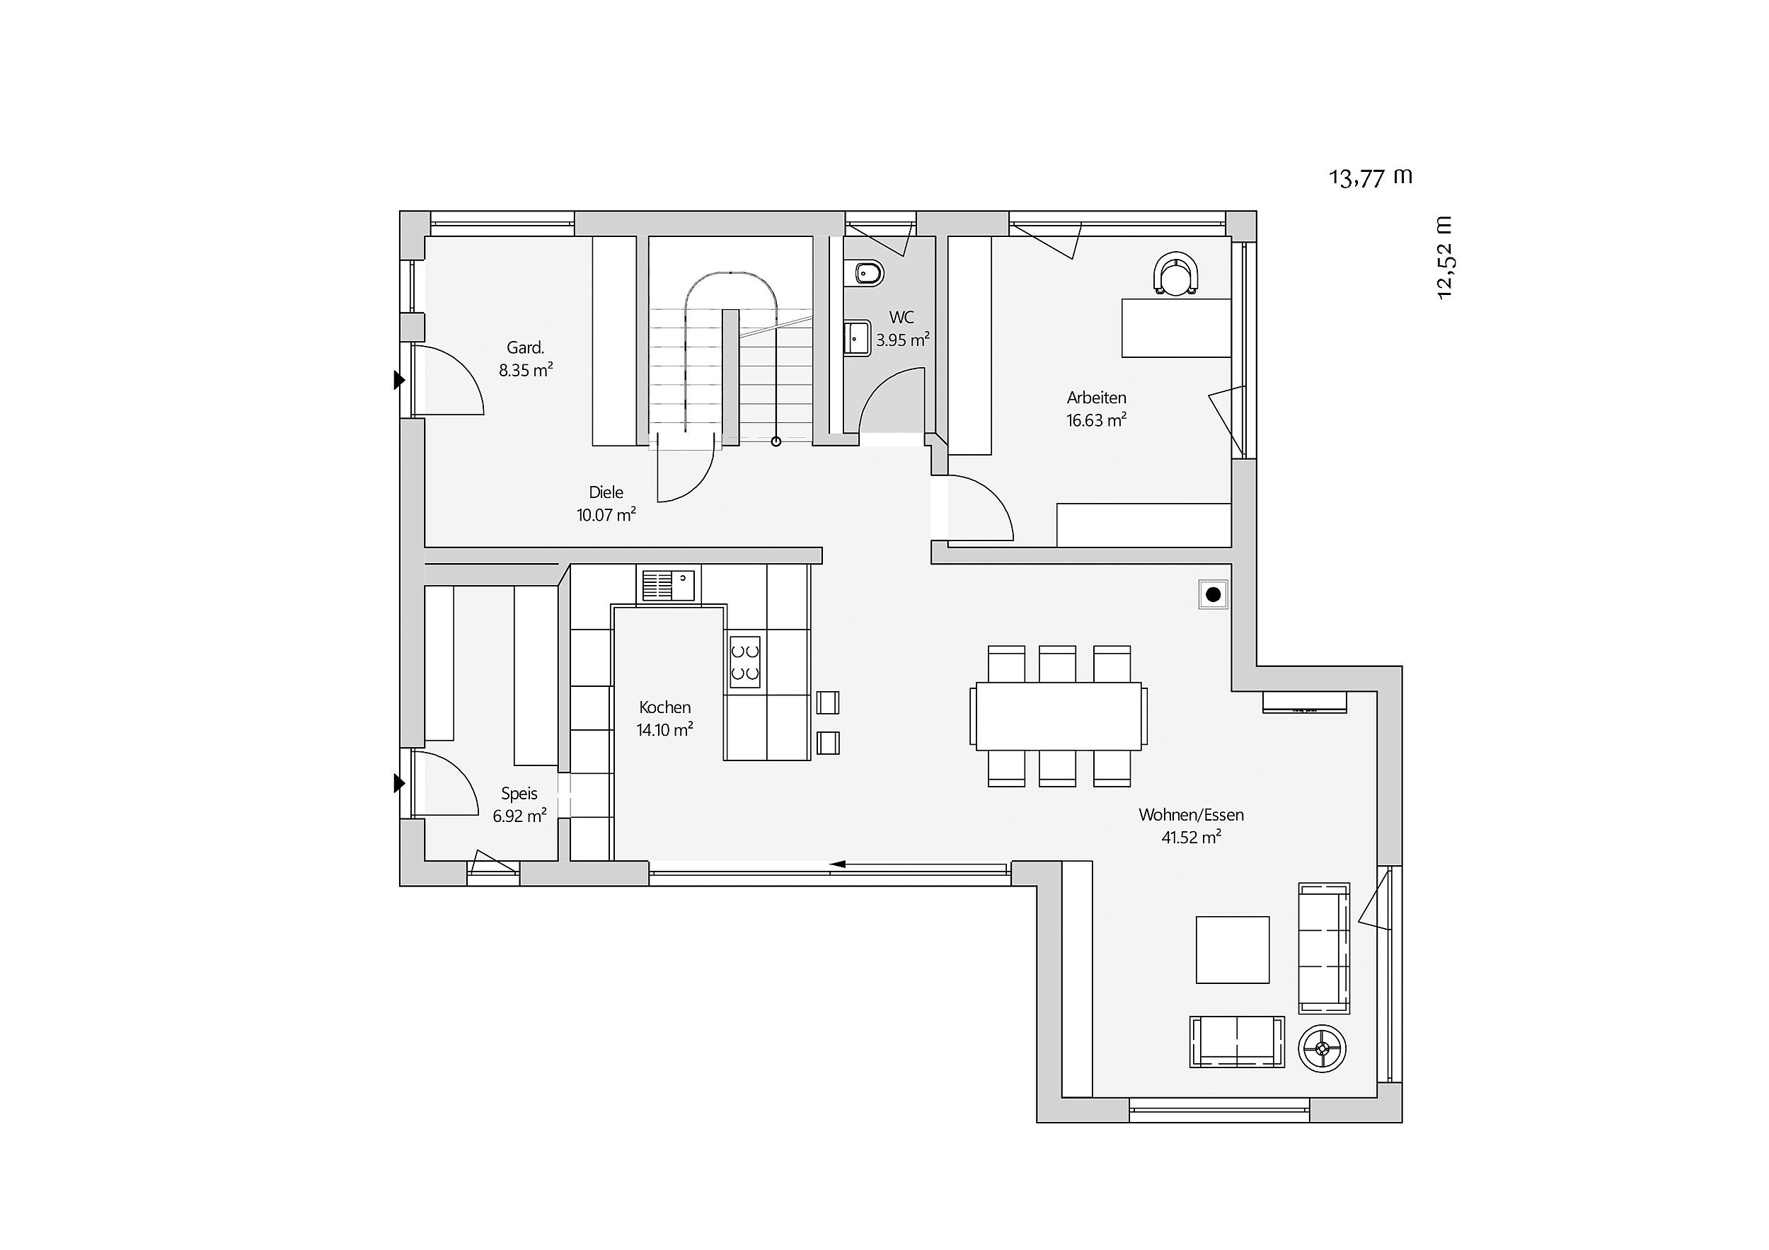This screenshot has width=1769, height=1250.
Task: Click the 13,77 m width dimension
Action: (1371, 177)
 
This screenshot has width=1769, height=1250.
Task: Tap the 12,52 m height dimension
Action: (1444, 257)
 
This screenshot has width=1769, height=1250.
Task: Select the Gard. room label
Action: (526, 347)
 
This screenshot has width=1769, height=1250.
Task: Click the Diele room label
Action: (606, 492)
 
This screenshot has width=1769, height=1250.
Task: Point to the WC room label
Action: (901, 318)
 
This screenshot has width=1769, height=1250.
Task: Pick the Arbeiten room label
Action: (1096, 398)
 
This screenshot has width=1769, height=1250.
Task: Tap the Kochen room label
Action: (665, 707)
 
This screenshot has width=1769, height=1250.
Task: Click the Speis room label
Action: (519, 794)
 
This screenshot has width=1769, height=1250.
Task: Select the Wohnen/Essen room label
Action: (1191, 815)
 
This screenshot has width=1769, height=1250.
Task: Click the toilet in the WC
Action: (866, 273)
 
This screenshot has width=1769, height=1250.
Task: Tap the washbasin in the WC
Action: (857, 337)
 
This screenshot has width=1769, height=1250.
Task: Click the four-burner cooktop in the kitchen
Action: (745, 661)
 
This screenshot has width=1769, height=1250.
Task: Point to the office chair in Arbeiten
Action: (1176, 275)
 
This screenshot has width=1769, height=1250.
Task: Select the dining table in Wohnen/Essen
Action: (1059, 715)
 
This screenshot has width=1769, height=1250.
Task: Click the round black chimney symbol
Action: (1214, 594)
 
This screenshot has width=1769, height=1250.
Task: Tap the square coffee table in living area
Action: (1232, 949)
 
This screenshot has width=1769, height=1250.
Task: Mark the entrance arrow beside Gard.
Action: (399, 380)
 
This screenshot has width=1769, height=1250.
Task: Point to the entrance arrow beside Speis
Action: (399, 783)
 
